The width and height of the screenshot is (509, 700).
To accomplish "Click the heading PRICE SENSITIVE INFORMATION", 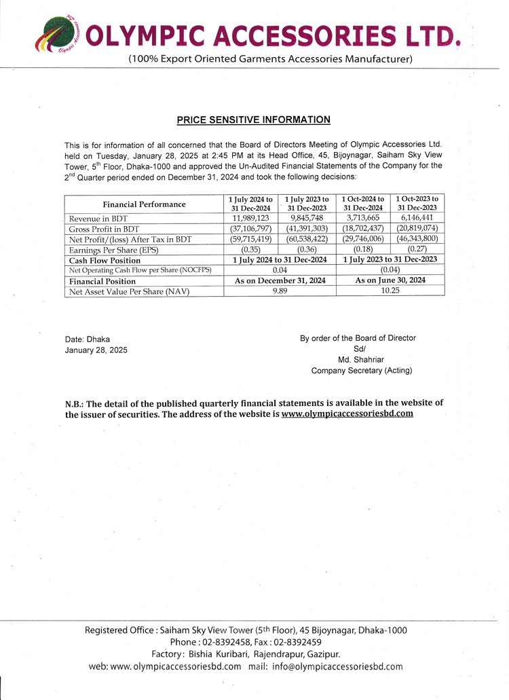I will point(253,120).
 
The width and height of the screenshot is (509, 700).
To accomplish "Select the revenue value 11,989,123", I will point(250,218).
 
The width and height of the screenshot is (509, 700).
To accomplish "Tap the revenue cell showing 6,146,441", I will point(417,218).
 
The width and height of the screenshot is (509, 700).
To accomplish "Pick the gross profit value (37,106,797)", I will point(250,229).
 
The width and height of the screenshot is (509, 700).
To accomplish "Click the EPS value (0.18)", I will point(363,249).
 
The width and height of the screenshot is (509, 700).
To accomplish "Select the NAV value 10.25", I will point(390,291).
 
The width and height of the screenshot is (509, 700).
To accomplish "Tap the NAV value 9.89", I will point(280,291).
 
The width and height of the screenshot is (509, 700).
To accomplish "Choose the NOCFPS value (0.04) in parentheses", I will point(390,270).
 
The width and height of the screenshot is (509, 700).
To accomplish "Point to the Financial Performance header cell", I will point(144,204).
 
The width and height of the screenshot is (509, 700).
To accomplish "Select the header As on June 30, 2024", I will point(390,280).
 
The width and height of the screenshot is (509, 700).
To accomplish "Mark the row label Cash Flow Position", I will point(105,260).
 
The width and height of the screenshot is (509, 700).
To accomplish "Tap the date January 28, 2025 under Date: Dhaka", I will point(96,350).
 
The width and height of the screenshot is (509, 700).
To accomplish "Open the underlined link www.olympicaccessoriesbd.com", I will point(347,413).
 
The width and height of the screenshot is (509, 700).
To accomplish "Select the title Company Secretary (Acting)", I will point(361,371).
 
